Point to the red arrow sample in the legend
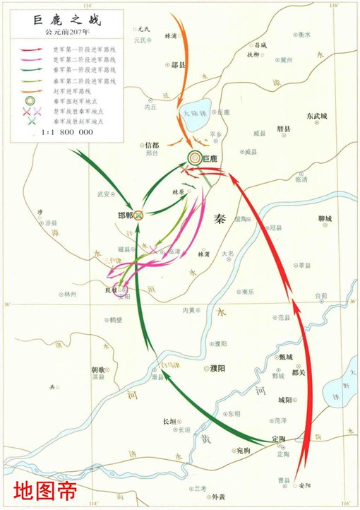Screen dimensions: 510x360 tap(30, 50)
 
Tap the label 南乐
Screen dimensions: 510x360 tap(248, 291)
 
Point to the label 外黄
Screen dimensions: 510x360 tap(218, 497)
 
